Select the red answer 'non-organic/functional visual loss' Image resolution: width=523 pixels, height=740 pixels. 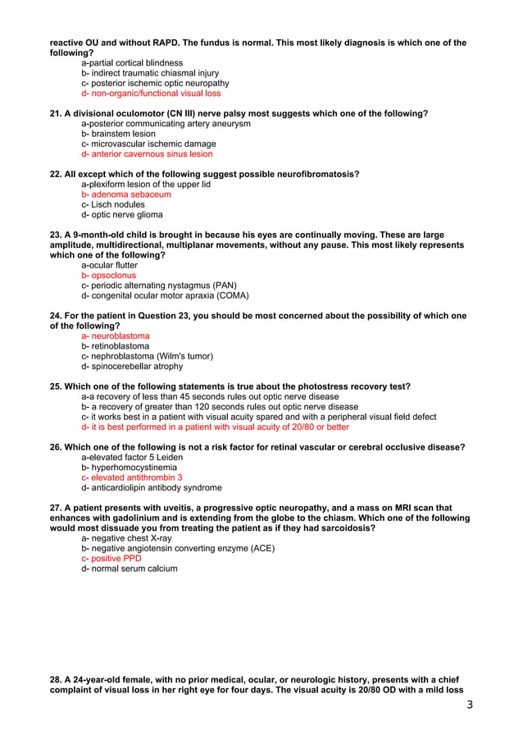(x=151, y=94)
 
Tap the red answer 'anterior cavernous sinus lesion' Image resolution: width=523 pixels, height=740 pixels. (x=147, y=154)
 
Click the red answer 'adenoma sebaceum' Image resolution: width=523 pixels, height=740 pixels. (x=126, y=195)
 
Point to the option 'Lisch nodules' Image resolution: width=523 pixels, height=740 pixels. (x=118, y=205)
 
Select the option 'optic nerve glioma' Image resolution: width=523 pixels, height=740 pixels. (x=122, y=215)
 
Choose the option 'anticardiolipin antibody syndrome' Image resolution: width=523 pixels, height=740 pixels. (x=152, y=487)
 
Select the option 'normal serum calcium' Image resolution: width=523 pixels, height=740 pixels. (x=129, y=569)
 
